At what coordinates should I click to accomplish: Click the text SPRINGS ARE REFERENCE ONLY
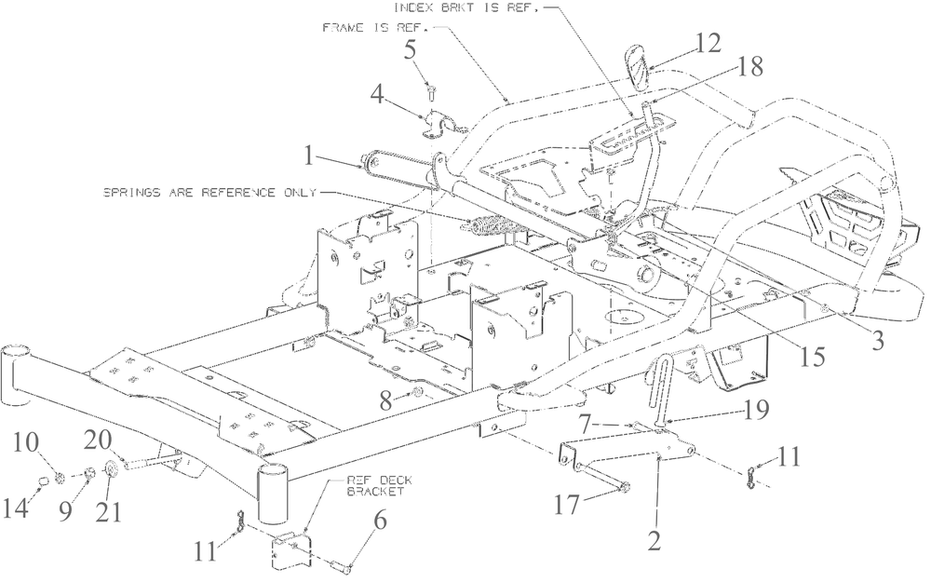[x=209, y=193]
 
